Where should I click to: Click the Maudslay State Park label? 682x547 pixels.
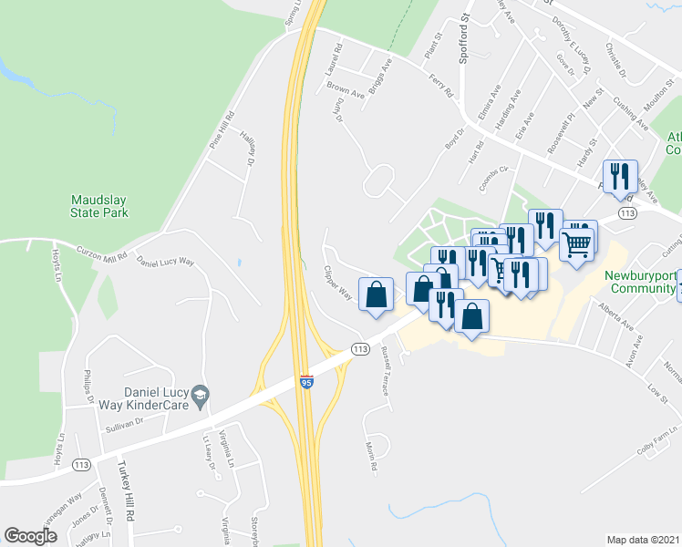[x=101, y=205]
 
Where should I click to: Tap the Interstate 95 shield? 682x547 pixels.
[x=306, y=383]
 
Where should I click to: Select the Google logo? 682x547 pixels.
[x=31, y=536]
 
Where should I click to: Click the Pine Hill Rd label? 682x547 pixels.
[x=222, y=130]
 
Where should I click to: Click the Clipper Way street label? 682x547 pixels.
[x=338, y=283]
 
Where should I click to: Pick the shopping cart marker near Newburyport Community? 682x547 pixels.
[x=577, y=243]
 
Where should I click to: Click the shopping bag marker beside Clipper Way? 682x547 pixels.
[x=376, y=294]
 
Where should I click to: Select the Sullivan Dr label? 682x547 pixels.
[x=125, y=423]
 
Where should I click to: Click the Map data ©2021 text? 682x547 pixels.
[x=643, y=539]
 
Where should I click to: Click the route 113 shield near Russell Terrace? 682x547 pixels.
[x=360, y=348]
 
